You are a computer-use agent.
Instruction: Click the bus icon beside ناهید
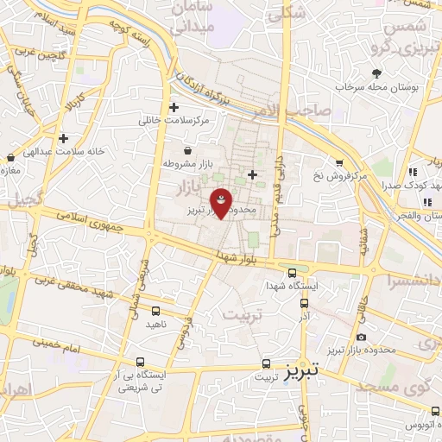point(155,311)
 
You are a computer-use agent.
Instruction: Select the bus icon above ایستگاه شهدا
point(293,272)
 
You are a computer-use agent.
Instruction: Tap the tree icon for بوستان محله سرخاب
point(376,74)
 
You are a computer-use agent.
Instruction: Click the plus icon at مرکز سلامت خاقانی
point(175,108)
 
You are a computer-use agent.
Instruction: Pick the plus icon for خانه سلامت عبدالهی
point(63,137)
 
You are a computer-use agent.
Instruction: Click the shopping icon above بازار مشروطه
point(187,151)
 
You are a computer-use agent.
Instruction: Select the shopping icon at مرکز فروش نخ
point(339,162)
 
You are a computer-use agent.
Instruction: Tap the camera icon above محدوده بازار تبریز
point(361,337)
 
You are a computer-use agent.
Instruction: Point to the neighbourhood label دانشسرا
point(416,281)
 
